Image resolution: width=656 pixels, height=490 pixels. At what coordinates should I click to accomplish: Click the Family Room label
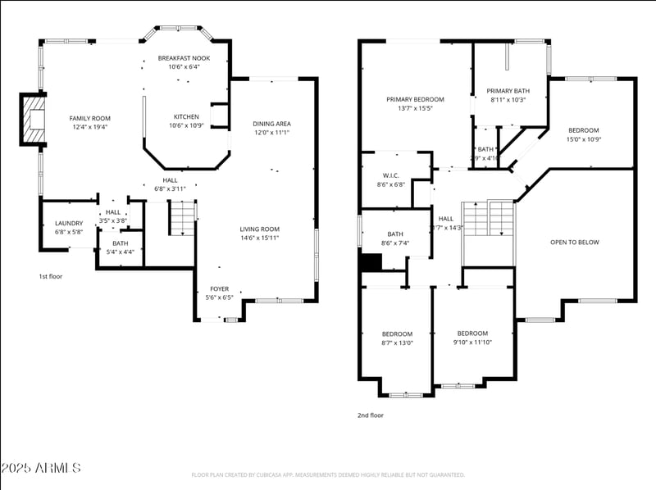pos(89,118)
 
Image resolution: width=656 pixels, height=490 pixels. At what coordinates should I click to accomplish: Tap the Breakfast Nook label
pos(184,58)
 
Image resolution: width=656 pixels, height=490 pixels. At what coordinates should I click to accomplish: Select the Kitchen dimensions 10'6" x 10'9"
pos(185,125)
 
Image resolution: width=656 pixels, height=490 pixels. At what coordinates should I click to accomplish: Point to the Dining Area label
pos(271,124)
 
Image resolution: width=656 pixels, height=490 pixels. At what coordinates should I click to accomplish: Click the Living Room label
pos(259,229)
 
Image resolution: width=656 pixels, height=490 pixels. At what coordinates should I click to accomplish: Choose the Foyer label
pos(219,288)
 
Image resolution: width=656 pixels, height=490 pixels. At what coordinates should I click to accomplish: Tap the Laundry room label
pos(69,223)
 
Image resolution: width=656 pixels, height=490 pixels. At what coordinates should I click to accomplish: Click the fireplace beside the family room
pos(34,120)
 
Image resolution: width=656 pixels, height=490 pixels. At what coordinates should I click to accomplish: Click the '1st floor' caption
pos(51,276)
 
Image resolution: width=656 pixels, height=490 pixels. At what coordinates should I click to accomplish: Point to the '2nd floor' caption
pos(370,415)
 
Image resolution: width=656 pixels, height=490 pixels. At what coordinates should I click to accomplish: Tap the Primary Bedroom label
pos(415,99)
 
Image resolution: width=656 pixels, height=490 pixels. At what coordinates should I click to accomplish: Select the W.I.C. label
pos(390,175)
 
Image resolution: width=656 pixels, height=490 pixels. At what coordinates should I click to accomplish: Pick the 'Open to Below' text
pos(574,242)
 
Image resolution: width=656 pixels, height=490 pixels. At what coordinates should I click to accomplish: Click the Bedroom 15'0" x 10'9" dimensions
pos(584,138)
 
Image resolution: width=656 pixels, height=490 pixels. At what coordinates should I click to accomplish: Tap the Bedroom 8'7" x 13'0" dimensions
pos(398,343)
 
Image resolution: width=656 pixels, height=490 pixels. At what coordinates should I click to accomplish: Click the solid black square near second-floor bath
pos(371,262)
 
